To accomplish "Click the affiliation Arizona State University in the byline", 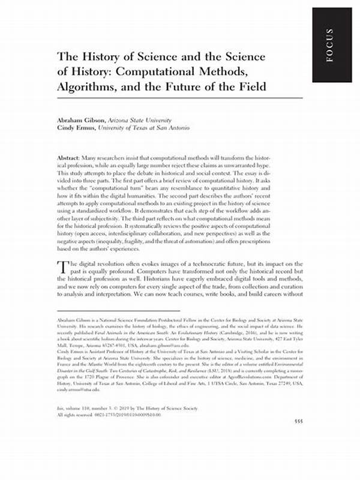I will (x=145, y=120).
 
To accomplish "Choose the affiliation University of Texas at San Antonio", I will (x=146, y=128).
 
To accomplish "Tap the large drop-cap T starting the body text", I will (x=62, y=268).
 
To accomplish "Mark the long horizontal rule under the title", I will (x=180, y=99).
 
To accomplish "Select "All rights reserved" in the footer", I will (x=74, y=445).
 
